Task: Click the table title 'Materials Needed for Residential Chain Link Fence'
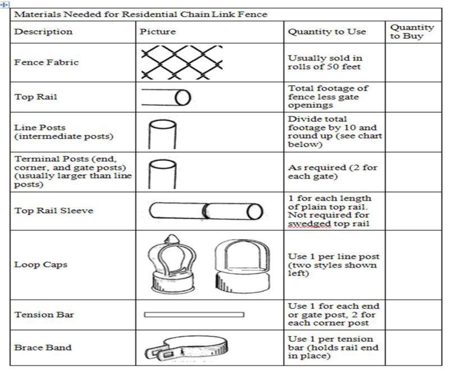pos(140,13)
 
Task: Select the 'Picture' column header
pos(158,31)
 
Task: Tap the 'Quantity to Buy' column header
pos(412,31)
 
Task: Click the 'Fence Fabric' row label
pos(47,62)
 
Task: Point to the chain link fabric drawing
pos(181,62)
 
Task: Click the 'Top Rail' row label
pos(36,97)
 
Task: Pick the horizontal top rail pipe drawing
pos(166,97)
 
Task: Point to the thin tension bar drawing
pos(194,314)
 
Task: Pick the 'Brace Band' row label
pos(43,347)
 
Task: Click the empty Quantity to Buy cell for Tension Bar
pos(413,314)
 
